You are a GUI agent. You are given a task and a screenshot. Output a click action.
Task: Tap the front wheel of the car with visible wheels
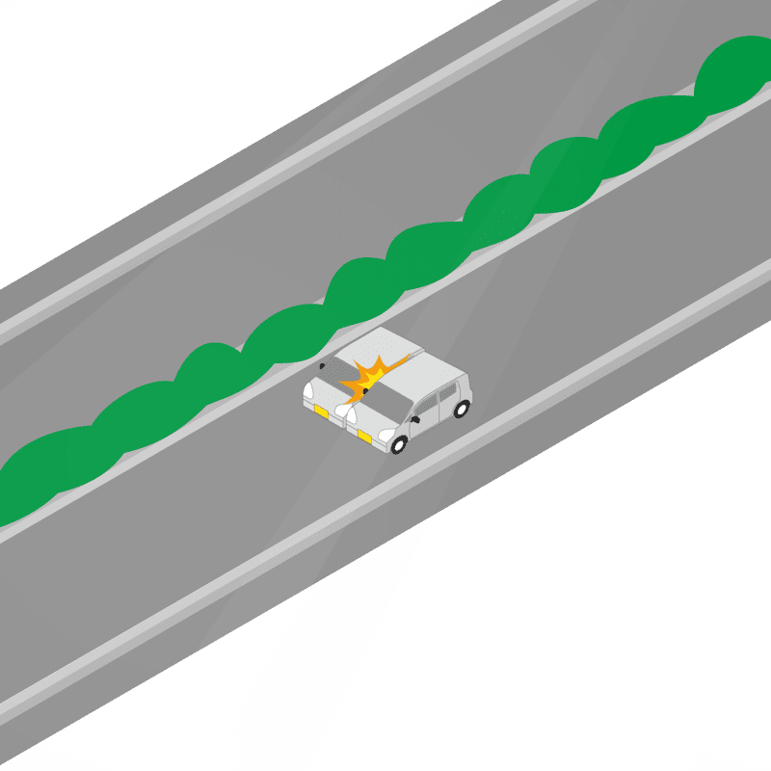coord(400,444)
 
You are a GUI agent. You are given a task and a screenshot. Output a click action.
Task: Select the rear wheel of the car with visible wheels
coord(461,409)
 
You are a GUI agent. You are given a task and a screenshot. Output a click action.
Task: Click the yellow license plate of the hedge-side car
coord(321,412)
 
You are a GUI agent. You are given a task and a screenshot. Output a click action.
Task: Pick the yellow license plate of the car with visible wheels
coord(364,438)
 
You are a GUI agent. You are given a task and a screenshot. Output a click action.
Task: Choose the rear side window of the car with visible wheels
coord(450,388)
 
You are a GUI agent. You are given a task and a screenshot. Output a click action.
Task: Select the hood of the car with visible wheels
coord(364,416)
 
